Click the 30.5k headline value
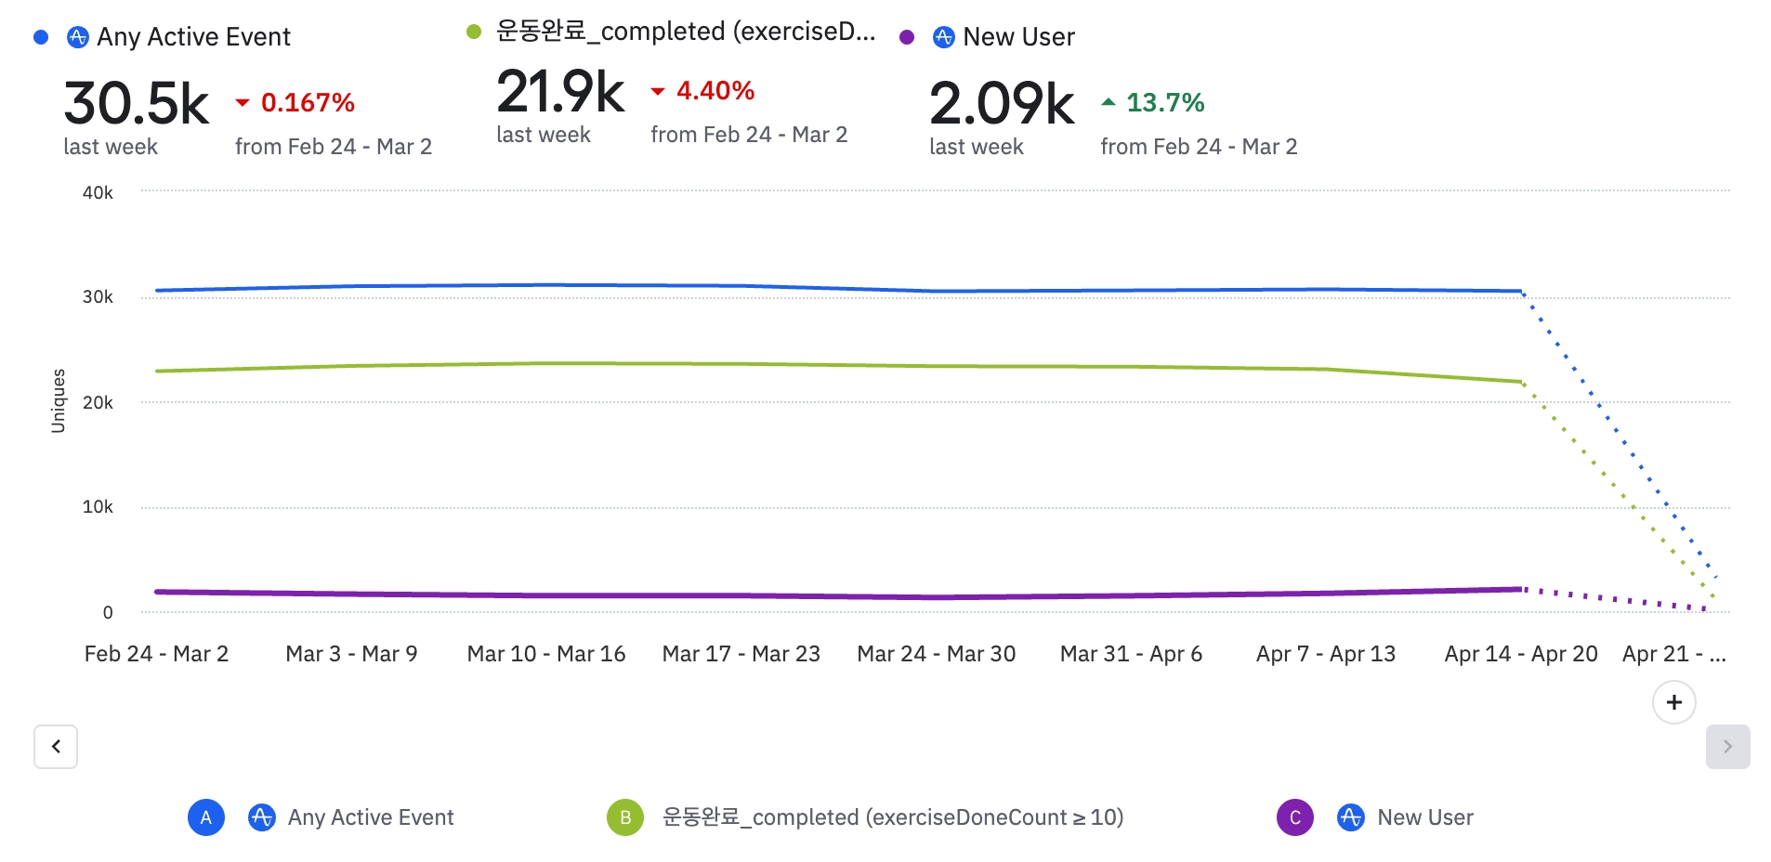136,103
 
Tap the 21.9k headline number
560,92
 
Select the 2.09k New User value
1002,103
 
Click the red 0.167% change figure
307,102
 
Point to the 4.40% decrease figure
715,90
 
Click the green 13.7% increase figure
1164,102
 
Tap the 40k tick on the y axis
98,193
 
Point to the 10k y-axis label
98,507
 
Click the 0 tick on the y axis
108,612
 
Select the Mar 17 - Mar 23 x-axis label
741,654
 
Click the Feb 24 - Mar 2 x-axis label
156,654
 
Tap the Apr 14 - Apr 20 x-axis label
1520,654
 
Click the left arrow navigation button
56,747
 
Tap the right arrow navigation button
1727,747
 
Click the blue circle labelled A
206,817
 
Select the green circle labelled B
625,817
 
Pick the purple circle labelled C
1295,817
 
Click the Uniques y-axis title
59,401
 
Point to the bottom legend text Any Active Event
370,817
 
